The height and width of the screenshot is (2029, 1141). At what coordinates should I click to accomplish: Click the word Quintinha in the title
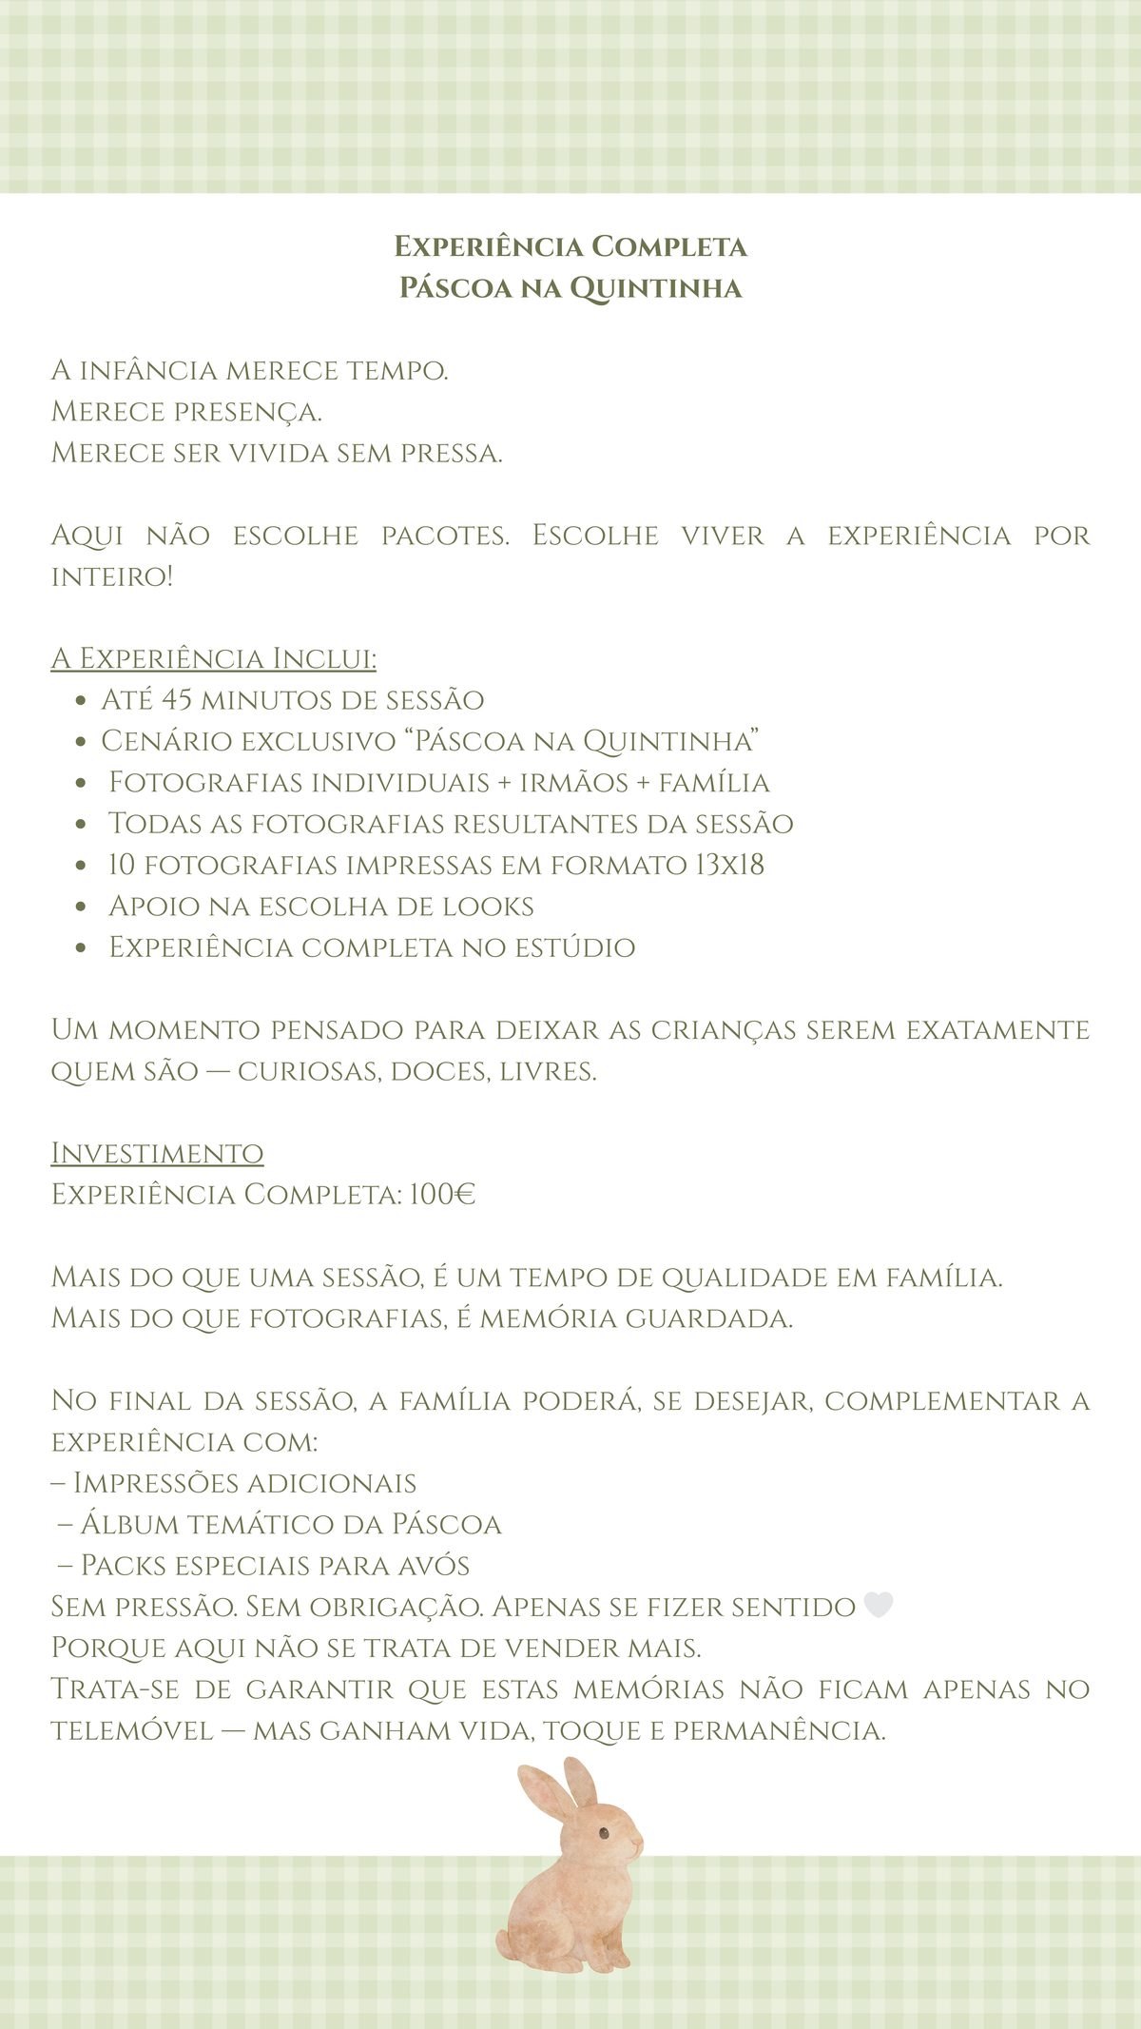click(x=655, y=288)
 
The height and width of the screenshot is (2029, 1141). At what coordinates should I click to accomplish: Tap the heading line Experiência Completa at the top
click(x=570, y=246)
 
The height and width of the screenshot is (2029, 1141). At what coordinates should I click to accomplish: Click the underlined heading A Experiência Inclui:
click(x=214, y=658)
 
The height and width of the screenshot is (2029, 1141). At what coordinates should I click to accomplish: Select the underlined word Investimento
click(x=157, y=1153)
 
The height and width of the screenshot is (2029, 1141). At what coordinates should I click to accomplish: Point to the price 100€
click(x=442, y=1195)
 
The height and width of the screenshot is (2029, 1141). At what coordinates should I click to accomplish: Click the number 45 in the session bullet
click(x=177, y=700)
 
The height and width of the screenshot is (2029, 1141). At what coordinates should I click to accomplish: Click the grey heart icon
click(x=878, y=1606)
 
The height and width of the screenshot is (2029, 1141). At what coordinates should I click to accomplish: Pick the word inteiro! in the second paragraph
click(x=112, y=576)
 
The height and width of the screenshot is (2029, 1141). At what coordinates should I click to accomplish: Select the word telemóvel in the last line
click(x=132, y=1730)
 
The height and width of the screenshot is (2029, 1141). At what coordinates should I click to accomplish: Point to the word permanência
click(x=780, y=1730)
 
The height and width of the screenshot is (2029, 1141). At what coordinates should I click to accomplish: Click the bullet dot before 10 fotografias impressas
click(x=81, y=866)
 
